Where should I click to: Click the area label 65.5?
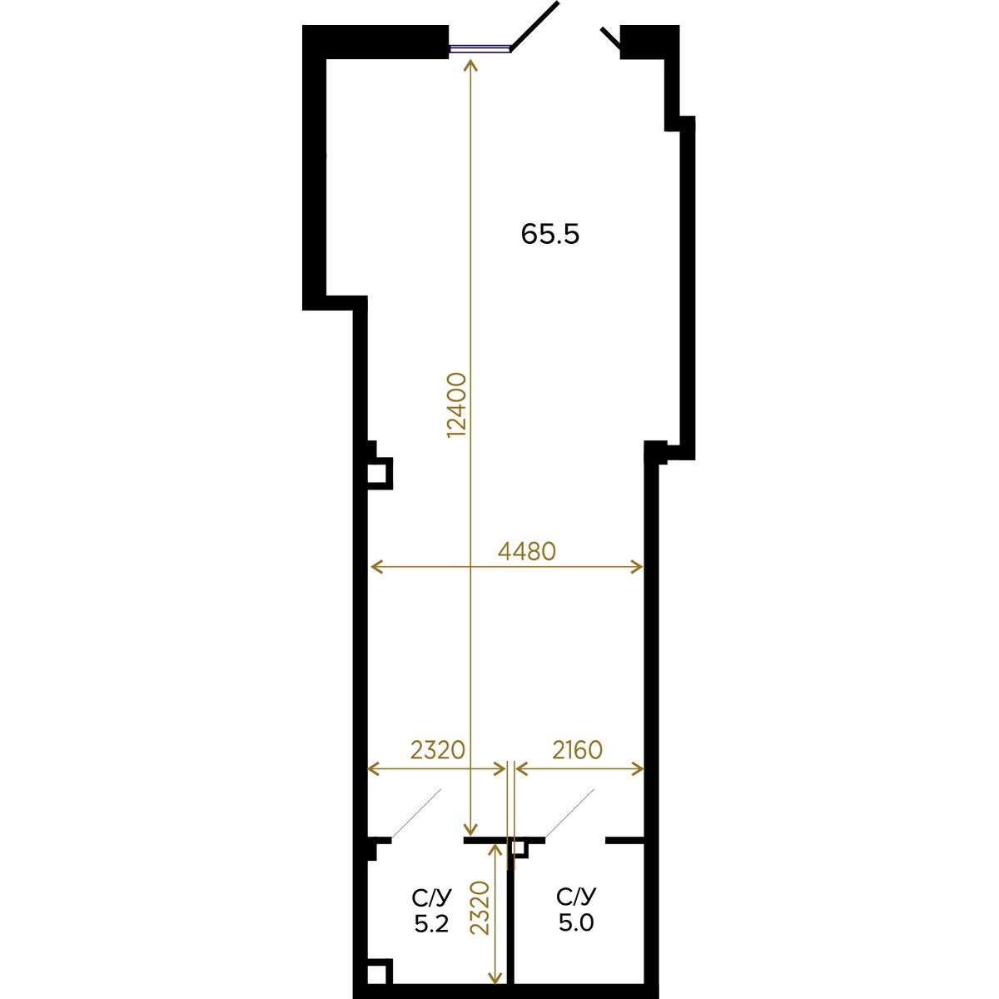click(x=549, y=234)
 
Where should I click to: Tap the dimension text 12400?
click(x=457, y=405)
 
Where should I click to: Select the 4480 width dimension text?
click(x=527, y=552)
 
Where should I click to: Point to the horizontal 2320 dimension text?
click(x=438, y=750)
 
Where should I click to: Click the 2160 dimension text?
click(x=577, y=750)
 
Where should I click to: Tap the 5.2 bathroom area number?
click(x=431, y=923)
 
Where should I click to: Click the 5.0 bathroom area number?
click(x=576, y=923)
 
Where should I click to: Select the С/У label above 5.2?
click(x=432, y=897)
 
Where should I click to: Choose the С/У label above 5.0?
click(x=576, y=897)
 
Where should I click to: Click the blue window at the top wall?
click(x=480, y=49)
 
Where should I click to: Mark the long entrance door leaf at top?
click(x=535, y=26)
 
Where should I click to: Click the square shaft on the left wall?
click(x=380, y=474)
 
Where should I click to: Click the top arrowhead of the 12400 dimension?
click(x=470, y=65)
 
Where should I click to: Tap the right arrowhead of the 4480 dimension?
click(x=638, y=567)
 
